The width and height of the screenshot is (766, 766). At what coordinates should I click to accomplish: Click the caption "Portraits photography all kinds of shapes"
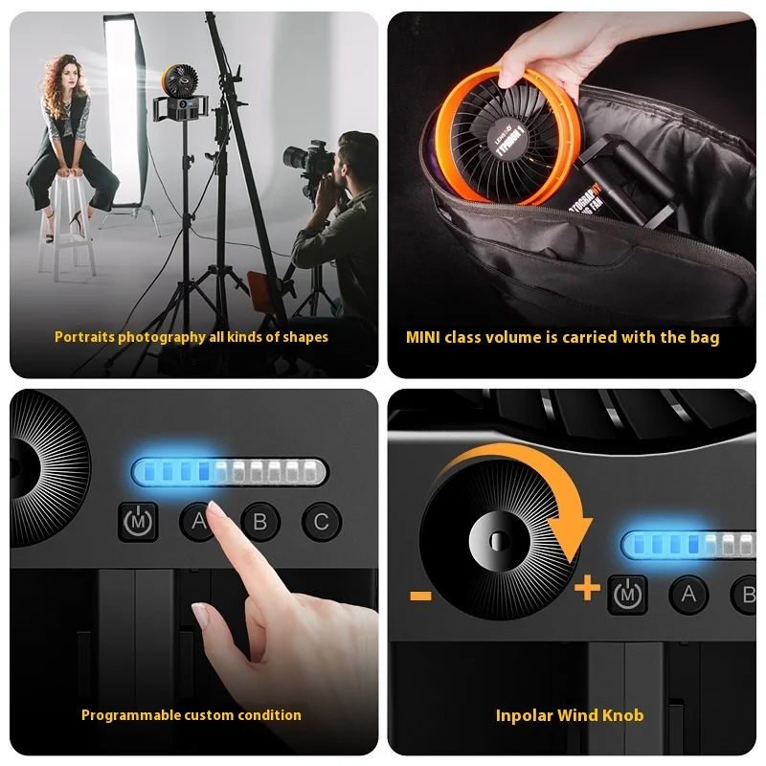pyautogui.click(x=191, y=337)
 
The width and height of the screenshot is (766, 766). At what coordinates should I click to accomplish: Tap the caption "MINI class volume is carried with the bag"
pyautogui.click(x=563, y=337)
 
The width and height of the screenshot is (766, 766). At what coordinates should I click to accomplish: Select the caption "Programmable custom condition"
pyautogui.click(x=191, y=715)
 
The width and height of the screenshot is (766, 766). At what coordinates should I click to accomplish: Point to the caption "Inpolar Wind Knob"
pyautogui.click(x=570, y=715)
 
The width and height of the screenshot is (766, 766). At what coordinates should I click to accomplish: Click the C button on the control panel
pyautogui.click(x=321, y=522)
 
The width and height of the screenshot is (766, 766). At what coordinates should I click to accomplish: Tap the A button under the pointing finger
pyautogui.click(x=199, y=522)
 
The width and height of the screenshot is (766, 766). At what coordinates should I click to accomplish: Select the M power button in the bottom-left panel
pyautogui.click(x=137, y=522)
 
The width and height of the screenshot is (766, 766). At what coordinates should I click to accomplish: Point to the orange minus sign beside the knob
pyautogui.click(x=420, y=596)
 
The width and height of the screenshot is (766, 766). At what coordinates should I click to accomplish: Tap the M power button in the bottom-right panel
pyautogui.click(x=628, y=595)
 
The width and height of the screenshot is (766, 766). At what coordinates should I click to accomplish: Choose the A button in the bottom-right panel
pyautogui.click(x=687, y=595)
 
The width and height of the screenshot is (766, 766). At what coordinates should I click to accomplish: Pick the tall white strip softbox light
pyautogui.click(x=122, y=105)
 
